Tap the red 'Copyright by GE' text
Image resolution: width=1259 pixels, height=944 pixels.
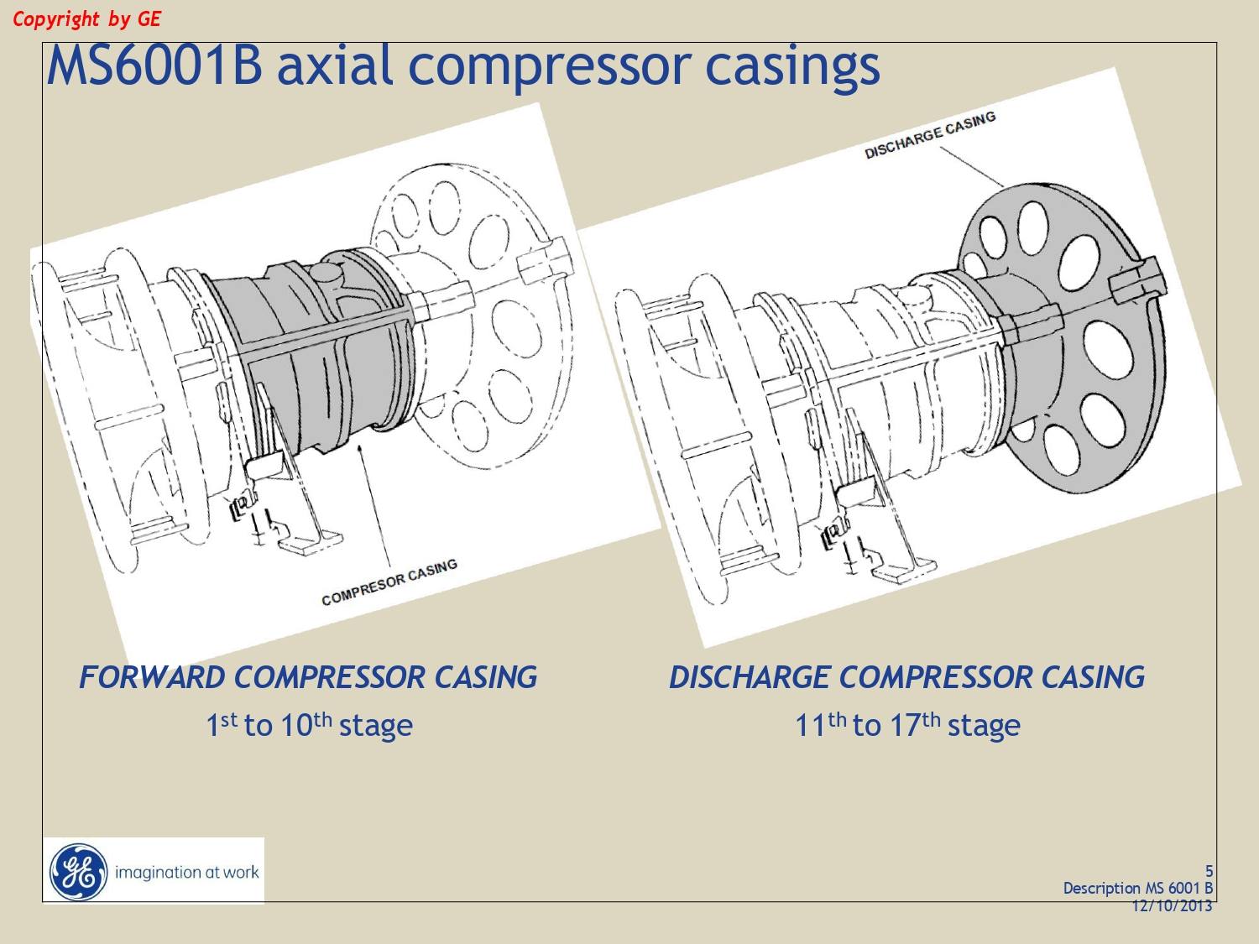tap(86, 19)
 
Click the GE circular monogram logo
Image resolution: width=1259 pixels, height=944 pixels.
tap(79, 872)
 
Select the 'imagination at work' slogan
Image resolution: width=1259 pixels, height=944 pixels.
tap(187, 873)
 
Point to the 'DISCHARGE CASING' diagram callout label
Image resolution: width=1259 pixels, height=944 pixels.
tap(930, 135)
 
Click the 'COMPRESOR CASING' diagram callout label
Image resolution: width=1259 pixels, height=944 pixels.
tap(389, 582)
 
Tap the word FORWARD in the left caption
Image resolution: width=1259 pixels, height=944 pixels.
tap(152, 677)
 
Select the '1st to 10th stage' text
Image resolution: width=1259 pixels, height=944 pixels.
tap(309, 724)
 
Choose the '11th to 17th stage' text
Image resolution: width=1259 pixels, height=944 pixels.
tap(907, 724)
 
